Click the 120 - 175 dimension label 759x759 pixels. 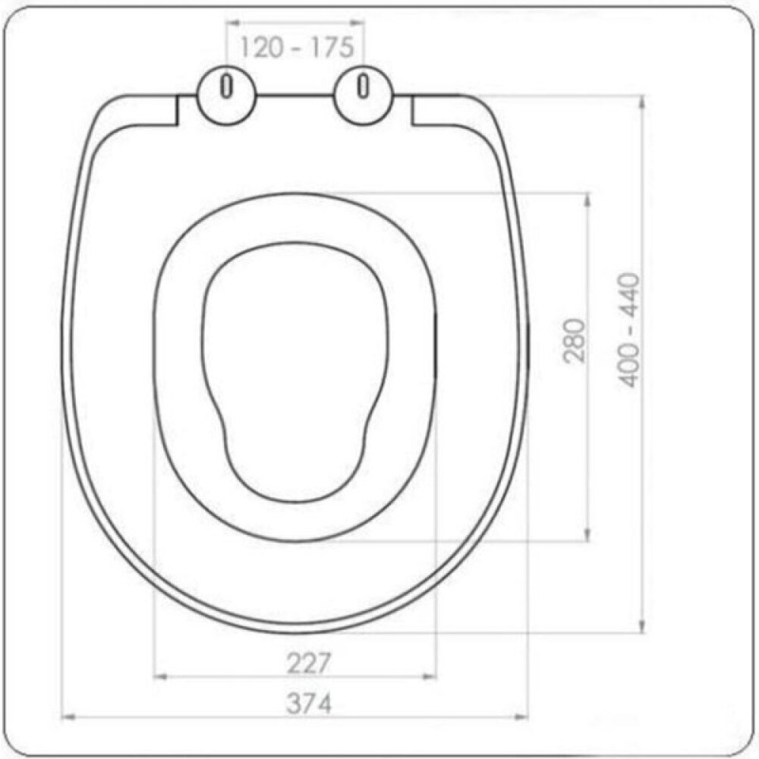click(x=297, y=47)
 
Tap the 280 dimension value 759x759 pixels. click(x=575, y=340)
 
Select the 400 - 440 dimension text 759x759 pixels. click(x=629, y=331)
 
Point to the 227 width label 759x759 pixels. click(x=308, y=663)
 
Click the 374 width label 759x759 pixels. click(x=309, y=704)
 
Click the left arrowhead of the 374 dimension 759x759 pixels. click(x=68, y=716)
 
